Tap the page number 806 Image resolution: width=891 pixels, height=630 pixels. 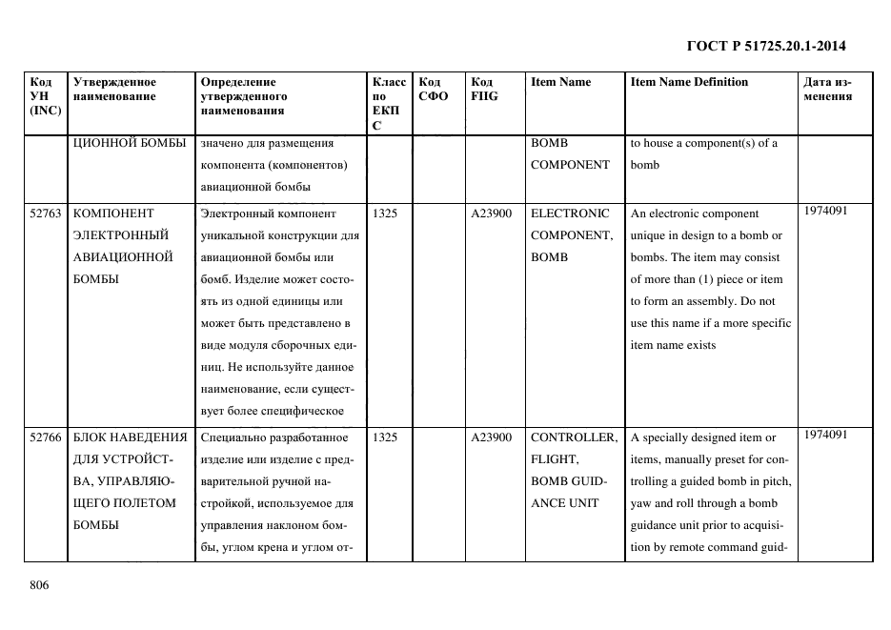pos(39,585)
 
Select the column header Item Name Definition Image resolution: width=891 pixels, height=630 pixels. pos(689,82)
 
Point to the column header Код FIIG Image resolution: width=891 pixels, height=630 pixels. pos(484,89)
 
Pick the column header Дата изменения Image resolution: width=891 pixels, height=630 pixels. pos(827,89)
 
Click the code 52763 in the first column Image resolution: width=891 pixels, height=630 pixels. pos(46,213)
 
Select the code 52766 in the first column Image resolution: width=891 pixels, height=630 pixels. pos(46,437)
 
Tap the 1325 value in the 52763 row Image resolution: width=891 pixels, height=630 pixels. pos(385,213)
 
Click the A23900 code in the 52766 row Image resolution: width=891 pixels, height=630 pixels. pos(492,437)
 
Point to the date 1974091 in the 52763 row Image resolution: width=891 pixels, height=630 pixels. pos(824,212)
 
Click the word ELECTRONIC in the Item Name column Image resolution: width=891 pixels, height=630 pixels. pos(569,213)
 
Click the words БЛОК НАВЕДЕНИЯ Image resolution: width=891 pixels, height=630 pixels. pos(130,437)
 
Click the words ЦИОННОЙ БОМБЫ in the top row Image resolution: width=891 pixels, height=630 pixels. pos(127,144)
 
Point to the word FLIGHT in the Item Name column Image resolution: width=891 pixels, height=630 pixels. pos(555,459)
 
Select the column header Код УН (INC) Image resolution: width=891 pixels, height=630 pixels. pos(46,96)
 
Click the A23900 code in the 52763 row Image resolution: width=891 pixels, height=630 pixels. pos(492,213)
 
